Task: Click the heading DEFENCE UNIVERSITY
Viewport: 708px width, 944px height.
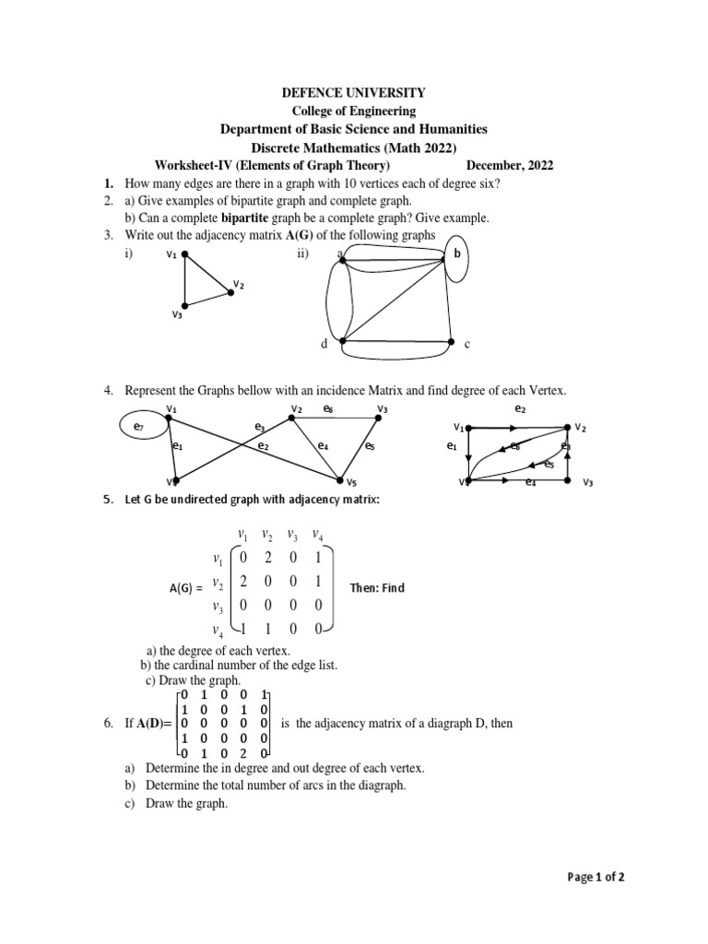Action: point(353,92)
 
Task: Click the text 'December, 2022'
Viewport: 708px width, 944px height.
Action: point(510,166)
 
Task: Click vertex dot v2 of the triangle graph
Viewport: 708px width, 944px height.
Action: point(230,294)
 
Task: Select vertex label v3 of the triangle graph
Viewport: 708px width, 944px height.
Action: point(177,315)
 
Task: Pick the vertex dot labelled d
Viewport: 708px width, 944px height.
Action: point(342,341)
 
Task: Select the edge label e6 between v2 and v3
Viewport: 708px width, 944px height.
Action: point(328,407)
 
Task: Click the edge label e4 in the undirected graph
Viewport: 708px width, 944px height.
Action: point(323,446)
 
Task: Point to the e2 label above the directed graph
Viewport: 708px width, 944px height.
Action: point(519,407)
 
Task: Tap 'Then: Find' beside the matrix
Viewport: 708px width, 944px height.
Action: point(377,588)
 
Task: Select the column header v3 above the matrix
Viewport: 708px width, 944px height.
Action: point(292,535)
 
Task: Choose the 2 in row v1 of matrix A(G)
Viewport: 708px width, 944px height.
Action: point(267,558)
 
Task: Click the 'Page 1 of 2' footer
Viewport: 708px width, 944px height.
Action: point(596,877)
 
